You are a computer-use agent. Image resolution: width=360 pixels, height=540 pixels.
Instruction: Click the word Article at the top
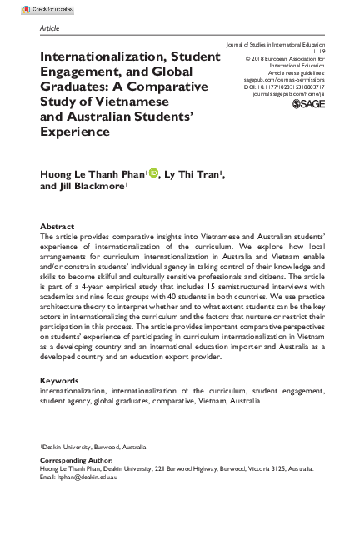(x=49, y=28)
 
